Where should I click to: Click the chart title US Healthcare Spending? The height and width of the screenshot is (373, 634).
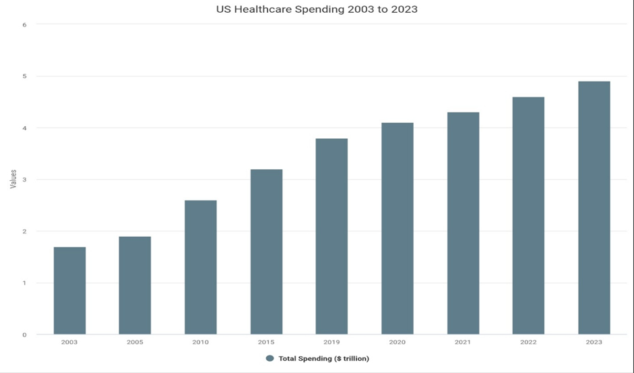pyautogui.click(x=317, y=9)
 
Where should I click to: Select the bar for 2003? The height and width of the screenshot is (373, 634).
pyautogui.click(x=69, y=291)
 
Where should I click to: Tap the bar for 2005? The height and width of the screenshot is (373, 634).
pyautogui.click(x=135, y=285)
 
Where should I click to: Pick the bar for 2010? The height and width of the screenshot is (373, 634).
pyautogui.click(x=201, y=267)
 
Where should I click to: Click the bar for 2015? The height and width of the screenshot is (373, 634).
pyautogui.click(x=266, y=252)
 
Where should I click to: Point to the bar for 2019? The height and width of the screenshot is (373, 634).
pyautogui.click(x=331, y=236)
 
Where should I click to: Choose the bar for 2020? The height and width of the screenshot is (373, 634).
pyautogui.click(x=397, y=229)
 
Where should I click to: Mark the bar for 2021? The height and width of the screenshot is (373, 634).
pyautogui.click(x=463, y=223)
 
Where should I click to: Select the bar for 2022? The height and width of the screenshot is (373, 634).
pyautogui.click(x=528, y=216)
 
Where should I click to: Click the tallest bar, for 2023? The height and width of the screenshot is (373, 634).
pyautogui.click(x=594, y=208)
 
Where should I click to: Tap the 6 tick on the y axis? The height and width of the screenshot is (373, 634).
pyautogui.click(x=24, y=25)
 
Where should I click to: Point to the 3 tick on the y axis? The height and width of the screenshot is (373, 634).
pyautogui.click(x=24, y=180)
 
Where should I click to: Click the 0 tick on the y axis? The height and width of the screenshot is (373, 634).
pyautogui.click(x=24, y=335)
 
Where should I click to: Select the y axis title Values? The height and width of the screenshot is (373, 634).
pyautogui.click(x=13, y=179)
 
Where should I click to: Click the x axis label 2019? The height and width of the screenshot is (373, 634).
pyautogui.click(x=331, y=343)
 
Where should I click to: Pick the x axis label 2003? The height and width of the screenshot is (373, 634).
pyautogui.click(x=69, y=343)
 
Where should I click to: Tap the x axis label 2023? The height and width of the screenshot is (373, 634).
pyautogui.click(x=594, y=343)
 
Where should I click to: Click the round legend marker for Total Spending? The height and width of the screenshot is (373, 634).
pyautogui.click(x=270, y=358)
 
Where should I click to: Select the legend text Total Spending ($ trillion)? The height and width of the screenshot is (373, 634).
pyautogui.click(x=323, y=358)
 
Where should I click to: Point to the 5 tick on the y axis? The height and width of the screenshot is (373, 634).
pyautogui.click(x=24, y=76)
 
